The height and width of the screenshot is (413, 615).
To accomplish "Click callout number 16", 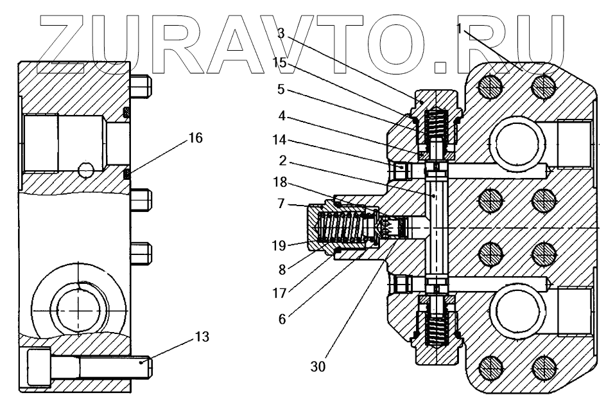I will [195, 137].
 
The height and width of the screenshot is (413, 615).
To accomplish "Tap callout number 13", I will [201, 336].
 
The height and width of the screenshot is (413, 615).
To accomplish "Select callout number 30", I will [318, 366].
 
